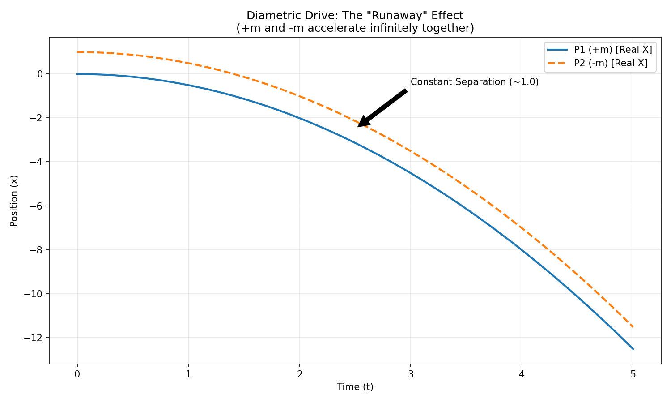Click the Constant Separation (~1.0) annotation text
474,82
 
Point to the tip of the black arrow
358,127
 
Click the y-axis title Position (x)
14,201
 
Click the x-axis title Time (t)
355,387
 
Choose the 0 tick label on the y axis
41,74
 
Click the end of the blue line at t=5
633,349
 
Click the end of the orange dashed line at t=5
633,327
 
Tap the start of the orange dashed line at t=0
77,52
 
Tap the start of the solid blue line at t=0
77,74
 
